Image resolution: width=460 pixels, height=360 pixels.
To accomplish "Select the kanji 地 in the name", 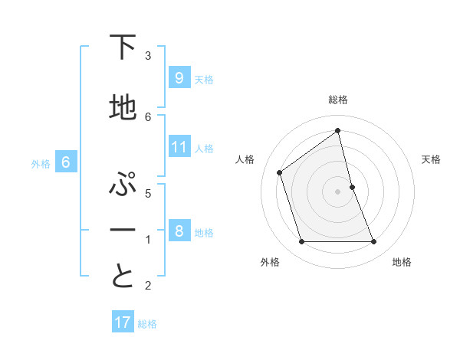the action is click(123, 108).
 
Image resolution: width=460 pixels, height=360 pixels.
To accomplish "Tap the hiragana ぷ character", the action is click(123, 185).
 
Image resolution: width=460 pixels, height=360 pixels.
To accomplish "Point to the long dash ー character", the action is click(123, 230).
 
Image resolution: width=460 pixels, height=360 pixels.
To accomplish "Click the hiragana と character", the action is click(123, 277).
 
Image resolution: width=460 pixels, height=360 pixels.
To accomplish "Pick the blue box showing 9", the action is click(179, 78).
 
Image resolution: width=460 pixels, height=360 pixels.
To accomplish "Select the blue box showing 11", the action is click(179, 147).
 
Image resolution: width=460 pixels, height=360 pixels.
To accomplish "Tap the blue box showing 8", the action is click(179, 231).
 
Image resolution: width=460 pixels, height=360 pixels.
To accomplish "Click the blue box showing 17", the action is click(123, 322).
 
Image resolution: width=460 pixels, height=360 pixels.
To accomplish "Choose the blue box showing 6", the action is click(66, 162).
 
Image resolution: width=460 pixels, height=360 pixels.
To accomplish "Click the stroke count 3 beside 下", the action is click(148, 56).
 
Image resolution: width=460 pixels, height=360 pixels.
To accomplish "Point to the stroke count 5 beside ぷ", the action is click(148, 194).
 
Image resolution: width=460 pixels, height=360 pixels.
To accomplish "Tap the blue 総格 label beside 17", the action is click(147, 324).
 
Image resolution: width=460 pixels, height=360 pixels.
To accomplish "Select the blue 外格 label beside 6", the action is click(41, 163).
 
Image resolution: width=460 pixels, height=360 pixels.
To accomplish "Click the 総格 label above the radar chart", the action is click(338, 100).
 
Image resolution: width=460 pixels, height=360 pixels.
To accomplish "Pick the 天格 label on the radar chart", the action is click(431, 159).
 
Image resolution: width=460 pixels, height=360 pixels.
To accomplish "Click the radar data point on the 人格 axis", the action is click(280, 172).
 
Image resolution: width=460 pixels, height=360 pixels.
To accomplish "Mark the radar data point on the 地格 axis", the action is click(374, 242).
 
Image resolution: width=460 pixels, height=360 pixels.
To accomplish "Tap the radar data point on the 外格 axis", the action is click(301, 242).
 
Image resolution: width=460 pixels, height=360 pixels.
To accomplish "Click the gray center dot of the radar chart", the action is click(338, 191).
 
